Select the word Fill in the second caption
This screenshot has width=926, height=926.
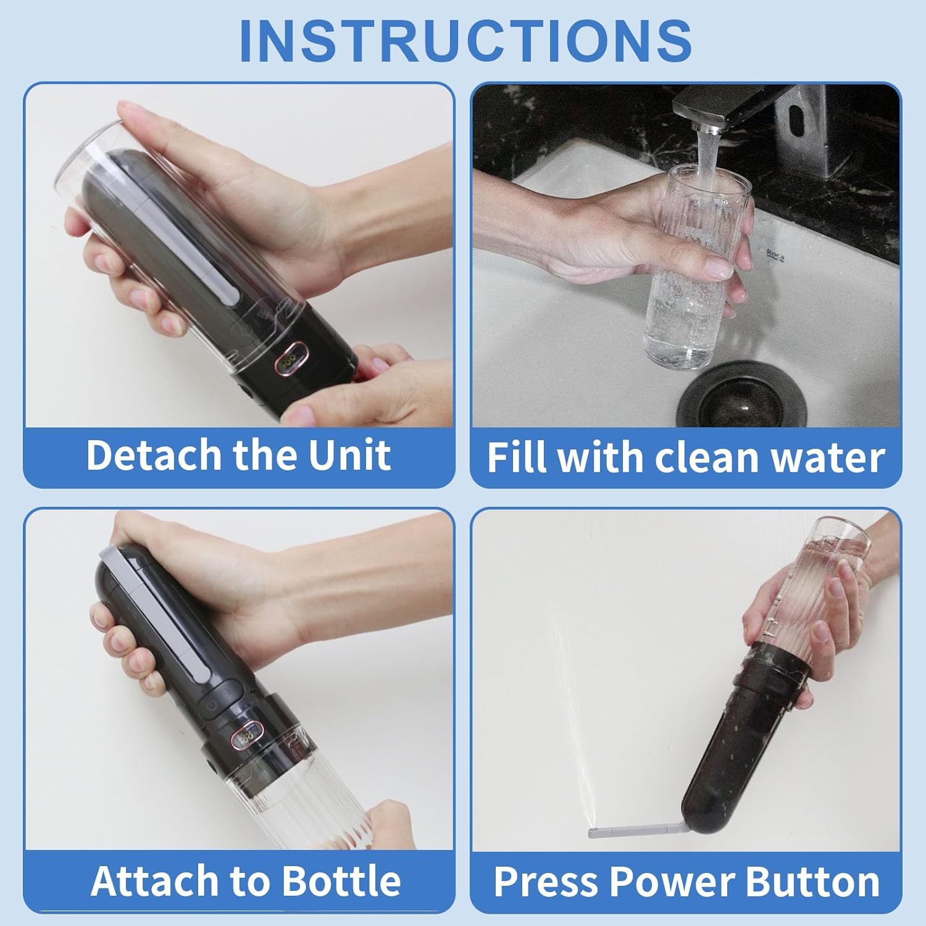(x=516, y=457)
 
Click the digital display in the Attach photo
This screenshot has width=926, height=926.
(x=248, y=736)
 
